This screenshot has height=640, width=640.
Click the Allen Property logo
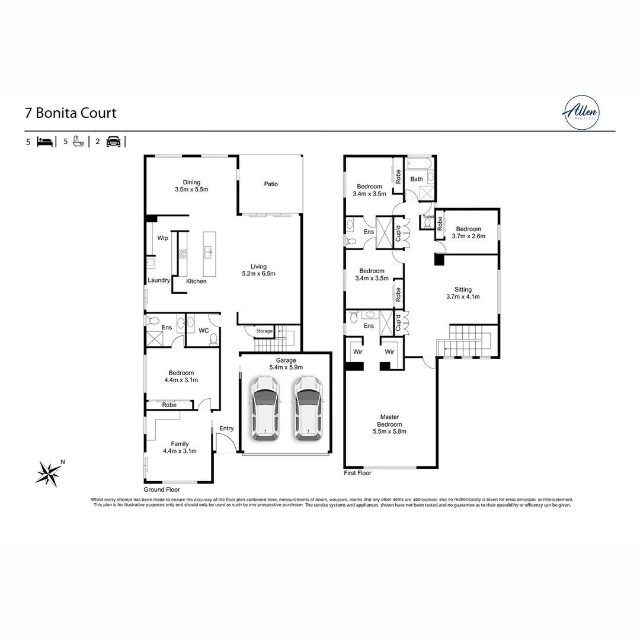(581, 112)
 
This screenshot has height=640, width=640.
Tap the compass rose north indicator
(49, 472)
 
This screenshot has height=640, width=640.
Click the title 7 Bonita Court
(71, 113)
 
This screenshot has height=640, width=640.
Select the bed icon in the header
(45, 142)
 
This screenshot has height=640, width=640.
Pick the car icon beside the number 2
(113, 142)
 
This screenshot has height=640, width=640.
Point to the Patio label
(271, 184)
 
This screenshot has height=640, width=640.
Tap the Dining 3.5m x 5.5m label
(191, 186)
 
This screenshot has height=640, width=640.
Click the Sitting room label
(463, 293)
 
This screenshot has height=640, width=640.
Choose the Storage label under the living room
(264, 331)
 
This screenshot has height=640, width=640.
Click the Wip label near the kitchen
(162, 238)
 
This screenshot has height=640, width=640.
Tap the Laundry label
(159, 280)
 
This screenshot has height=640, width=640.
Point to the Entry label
(226, 428)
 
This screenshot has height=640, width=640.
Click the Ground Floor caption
(162, 490)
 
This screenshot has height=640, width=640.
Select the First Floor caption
(357, 473)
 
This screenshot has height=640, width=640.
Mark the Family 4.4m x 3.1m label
(180, 447)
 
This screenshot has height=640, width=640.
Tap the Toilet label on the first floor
(428, 217)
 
